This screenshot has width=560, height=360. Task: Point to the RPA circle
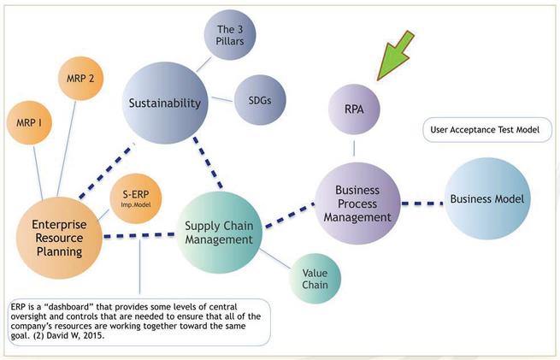[x=354, y=109]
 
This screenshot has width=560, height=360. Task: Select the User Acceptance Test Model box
[x=486, y=131]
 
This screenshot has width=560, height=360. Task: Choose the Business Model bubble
[x=487, y=200]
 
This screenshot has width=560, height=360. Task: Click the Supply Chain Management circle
[x=219, y=233]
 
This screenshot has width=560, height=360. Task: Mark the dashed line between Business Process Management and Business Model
[x=422, y=203]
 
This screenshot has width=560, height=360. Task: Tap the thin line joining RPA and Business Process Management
[x=354, y=149]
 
